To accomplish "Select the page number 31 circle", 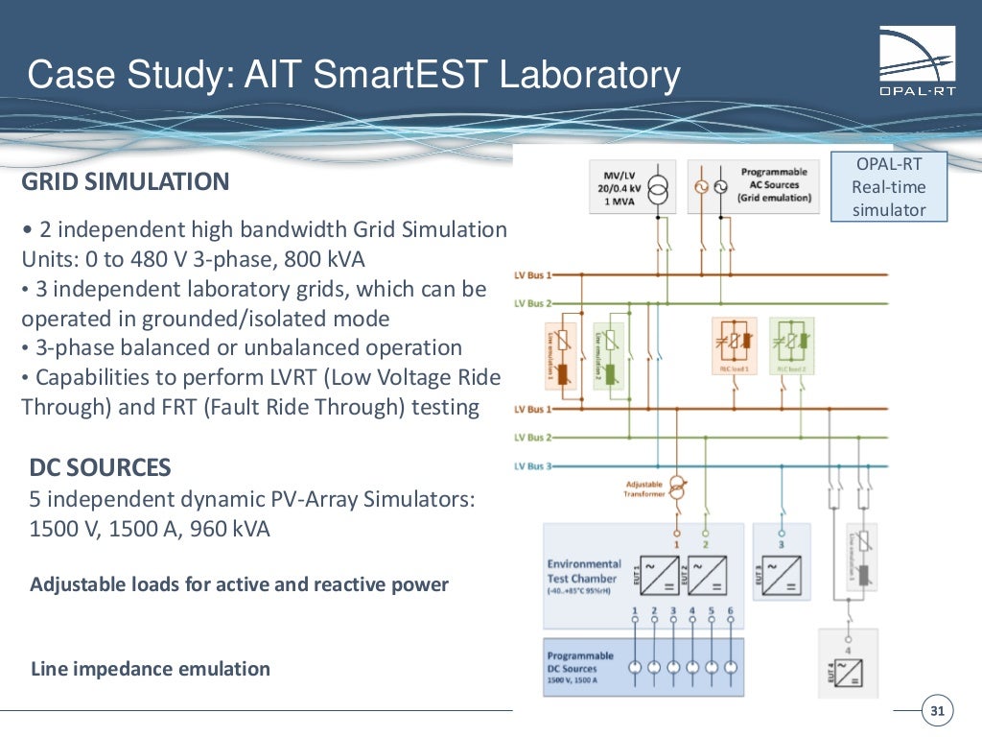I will (x=937, y=711).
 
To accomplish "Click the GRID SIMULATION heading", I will (x=126, y=181).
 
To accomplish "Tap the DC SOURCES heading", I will (x=101, y=467).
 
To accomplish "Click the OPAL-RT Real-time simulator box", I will (x=889, y=187).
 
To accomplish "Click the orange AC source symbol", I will (x=703, y=187).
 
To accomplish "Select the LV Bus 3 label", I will (x=533, y=466).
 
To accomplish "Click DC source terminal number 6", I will (x=731, y=666).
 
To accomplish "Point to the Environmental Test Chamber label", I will (x=584, y=571).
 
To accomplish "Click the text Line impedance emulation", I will (x=151, y=669).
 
